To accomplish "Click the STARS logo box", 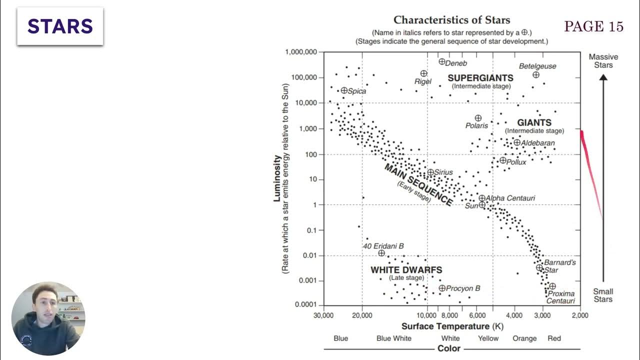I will click(60, 26).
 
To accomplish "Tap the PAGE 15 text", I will click(593, 27).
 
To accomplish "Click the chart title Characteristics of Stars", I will click(451, 20).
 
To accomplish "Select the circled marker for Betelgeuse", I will click(536, 75).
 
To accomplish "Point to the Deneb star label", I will click(455, 63).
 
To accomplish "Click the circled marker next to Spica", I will click(344, 90).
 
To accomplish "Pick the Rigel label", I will click(422, 81).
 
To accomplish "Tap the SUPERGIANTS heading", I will click(480, 78).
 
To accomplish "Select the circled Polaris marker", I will click(478, 118).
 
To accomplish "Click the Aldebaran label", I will click(537, 143).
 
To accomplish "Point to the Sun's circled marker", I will click(482, 205).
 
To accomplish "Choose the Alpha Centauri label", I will click(510, 198).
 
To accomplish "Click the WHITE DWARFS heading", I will click(406, 270).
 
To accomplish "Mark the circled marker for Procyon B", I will click(442, 288).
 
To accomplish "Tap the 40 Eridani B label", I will click(383, 246).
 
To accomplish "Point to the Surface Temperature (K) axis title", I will click(452, 326).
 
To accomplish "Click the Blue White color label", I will click(393, 338).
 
